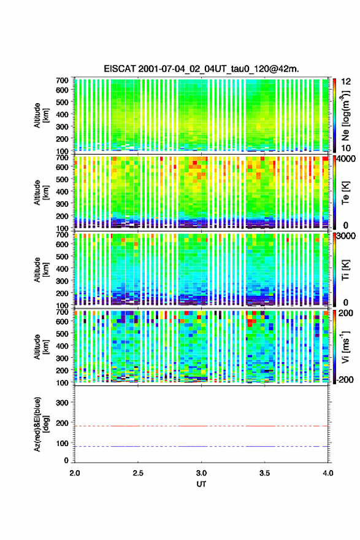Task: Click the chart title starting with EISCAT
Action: pyautogui.click(x=201, y=69)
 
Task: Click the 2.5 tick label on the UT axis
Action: pyautogui.click(x=138, y=473)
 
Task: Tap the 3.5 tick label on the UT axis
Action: pyautogui.click(x=265, y=473)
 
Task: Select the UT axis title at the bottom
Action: pyautogui.click(x=201, y=484)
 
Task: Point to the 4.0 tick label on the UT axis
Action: pyautogui.click(x=328, y=473)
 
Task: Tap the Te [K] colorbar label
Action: pyautogui.click(x=345, y=193)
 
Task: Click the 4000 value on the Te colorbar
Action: pyautogui.click(x=346, y=159)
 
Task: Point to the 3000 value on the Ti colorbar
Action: pyautogui.click(x=346, y=236)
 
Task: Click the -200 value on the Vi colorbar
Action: pyautogui.click(x=345, y=379)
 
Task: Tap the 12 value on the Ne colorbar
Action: pyautogui.click(x=346, y=82)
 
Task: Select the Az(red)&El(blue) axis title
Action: pyautogui.click(x=41, y=424)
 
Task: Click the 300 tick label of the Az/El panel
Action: pyautogui.click(x=62, y=403)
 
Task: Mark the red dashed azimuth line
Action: pyautogui.click(x=201, y=426)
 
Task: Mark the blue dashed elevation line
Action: pyautogui.click(x=201, y=446)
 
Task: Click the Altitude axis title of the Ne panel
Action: pyautogui.click(x=41, y=115)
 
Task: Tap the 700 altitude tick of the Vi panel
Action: pyautogui.click(x=62, y=312)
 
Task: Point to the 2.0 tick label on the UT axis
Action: pyautogui.click(x=75, y=473)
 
